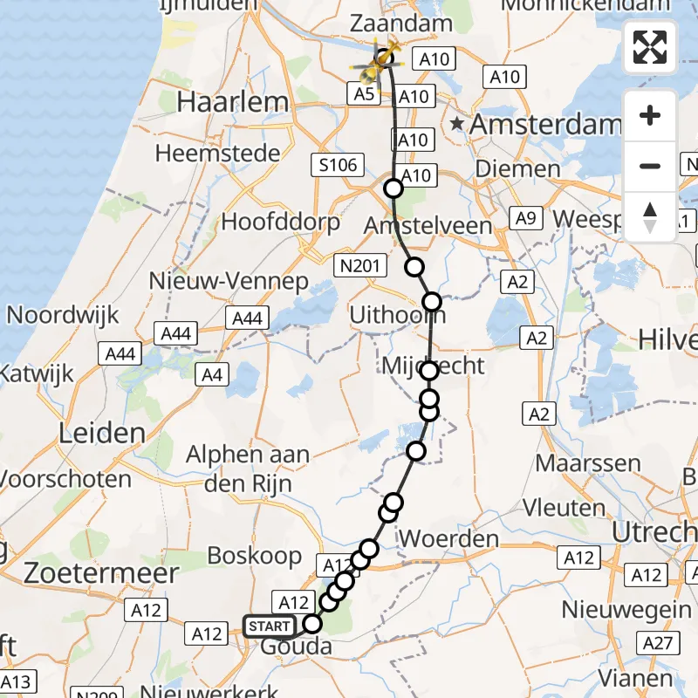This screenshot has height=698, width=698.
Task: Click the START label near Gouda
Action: point(270,626)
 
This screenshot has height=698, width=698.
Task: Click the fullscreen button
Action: point(650,47)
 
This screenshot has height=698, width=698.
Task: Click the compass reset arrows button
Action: point(650,216)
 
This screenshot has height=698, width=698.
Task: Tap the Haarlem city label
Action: point(232,102)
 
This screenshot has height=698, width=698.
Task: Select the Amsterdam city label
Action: point(545,125)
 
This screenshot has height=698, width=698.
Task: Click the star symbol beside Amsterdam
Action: point(456,124)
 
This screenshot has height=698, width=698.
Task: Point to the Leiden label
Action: point(101,433)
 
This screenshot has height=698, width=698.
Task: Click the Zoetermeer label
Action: point(103,573)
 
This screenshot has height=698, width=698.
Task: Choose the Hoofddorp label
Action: point(280,222)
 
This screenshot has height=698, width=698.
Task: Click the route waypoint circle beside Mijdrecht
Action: point(429,371)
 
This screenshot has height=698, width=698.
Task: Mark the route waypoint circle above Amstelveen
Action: point(393,188)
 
